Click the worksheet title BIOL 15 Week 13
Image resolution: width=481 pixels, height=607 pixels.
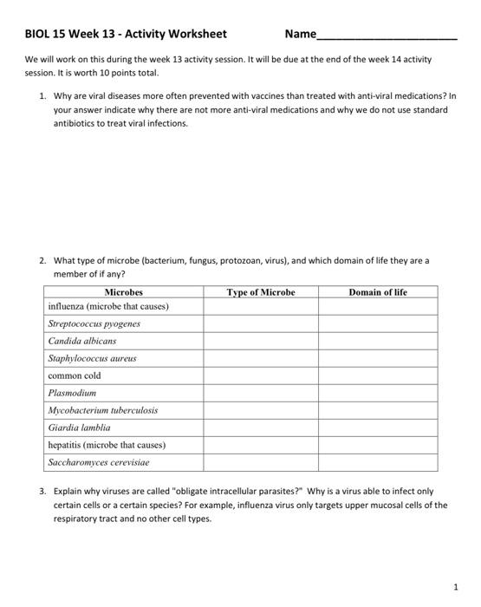pos(126,35)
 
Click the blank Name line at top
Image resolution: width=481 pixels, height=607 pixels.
pos(387,36)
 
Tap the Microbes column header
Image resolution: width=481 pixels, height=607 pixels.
pos(123,293)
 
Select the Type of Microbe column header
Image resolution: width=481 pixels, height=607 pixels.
pos(261,293)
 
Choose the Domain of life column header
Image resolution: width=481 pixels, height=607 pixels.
pos(377,293)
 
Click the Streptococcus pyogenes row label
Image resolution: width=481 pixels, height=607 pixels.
pos(94,323)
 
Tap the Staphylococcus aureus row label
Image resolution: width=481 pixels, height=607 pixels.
pos(92,358)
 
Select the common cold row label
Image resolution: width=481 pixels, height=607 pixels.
pos(75,375)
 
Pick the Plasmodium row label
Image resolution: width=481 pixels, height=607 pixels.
pos(72,393)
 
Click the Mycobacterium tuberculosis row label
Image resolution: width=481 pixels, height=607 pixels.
pos(102,410)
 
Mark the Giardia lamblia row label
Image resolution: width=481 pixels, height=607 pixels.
pos(79,428)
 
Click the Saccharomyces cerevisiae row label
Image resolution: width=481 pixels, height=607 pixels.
pos(99,462)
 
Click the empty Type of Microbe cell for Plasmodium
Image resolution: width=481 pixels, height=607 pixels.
pos(261,393)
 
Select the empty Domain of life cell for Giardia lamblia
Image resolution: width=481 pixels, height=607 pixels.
pos(377,428)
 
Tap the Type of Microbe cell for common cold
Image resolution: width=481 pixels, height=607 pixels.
pos(261,375)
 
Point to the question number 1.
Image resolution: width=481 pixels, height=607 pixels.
pos(42,95)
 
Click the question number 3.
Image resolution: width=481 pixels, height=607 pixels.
pos(42,491)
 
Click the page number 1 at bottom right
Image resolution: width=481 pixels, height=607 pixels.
pos(456,587)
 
